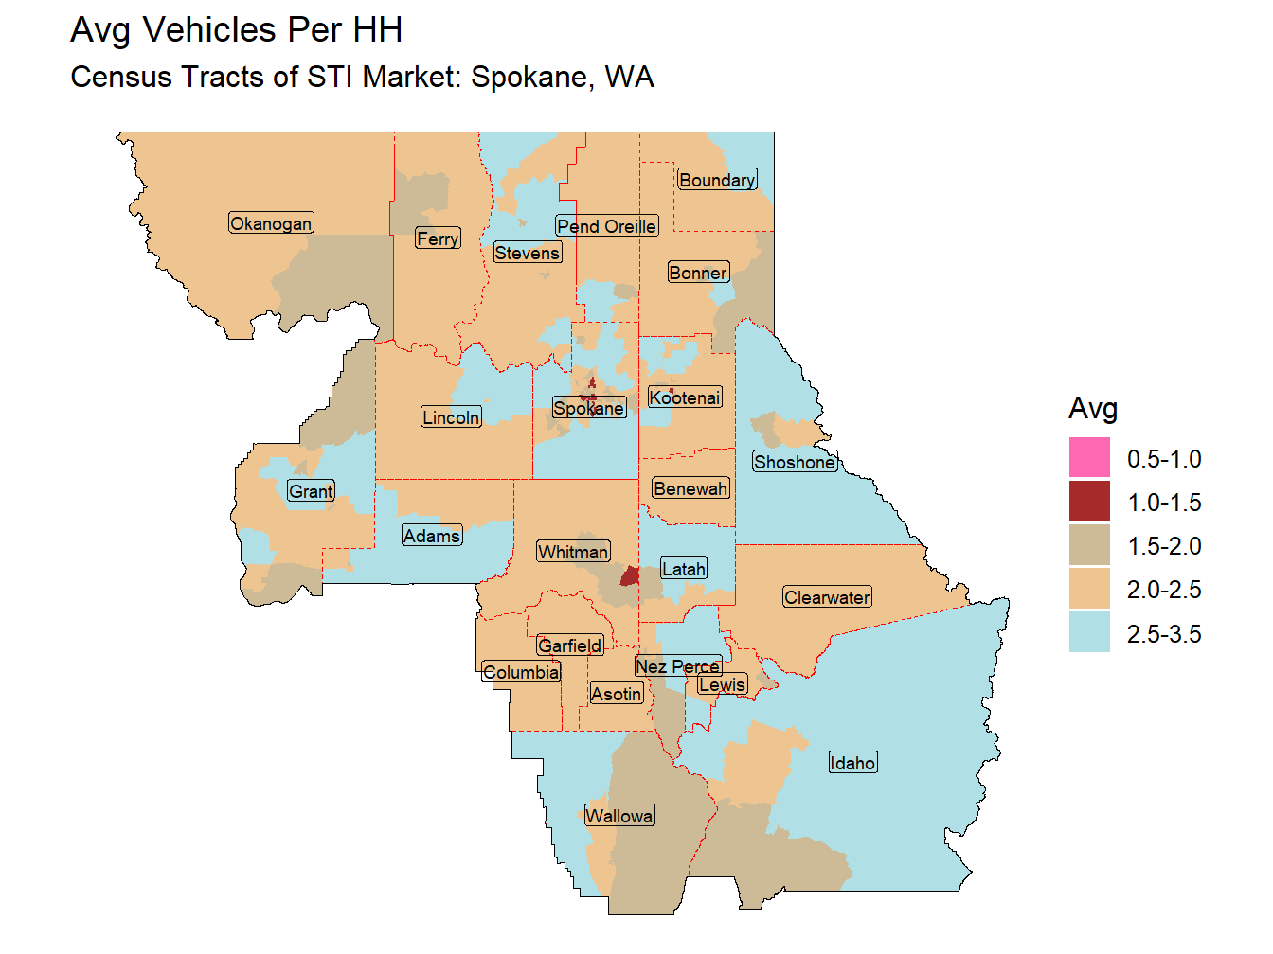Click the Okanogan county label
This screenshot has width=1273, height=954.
click(271, 223)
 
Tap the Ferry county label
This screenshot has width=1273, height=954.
click(438, 238)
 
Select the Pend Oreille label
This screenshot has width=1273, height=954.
click(606, 226)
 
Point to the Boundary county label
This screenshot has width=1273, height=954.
click(717, 180)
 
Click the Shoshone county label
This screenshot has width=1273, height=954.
click(795, 462)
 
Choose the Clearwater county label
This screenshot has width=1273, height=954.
click(827, 597)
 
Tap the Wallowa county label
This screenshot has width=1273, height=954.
click(619, 816)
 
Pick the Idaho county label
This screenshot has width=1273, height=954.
click(852, 763)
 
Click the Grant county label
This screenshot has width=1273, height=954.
click(311, 491)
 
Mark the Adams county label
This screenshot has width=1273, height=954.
click(432, 536)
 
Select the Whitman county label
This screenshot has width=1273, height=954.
click(573, 552)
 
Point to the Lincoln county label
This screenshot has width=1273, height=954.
click(451, 417)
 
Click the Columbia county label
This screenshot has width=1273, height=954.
click(521, 672)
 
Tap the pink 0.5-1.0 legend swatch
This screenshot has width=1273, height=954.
click(1089, 458)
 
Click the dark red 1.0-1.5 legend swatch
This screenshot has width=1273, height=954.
click(1089, 502)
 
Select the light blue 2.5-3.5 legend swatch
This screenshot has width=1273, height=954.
click(1089, 632)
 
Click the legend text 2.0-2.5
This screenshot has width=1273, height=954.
click(1164, 590)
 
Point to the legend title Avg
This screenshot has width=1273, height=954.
click(1093, 408)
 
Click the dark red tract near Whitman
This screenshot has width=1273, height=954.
click(629, 575)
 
